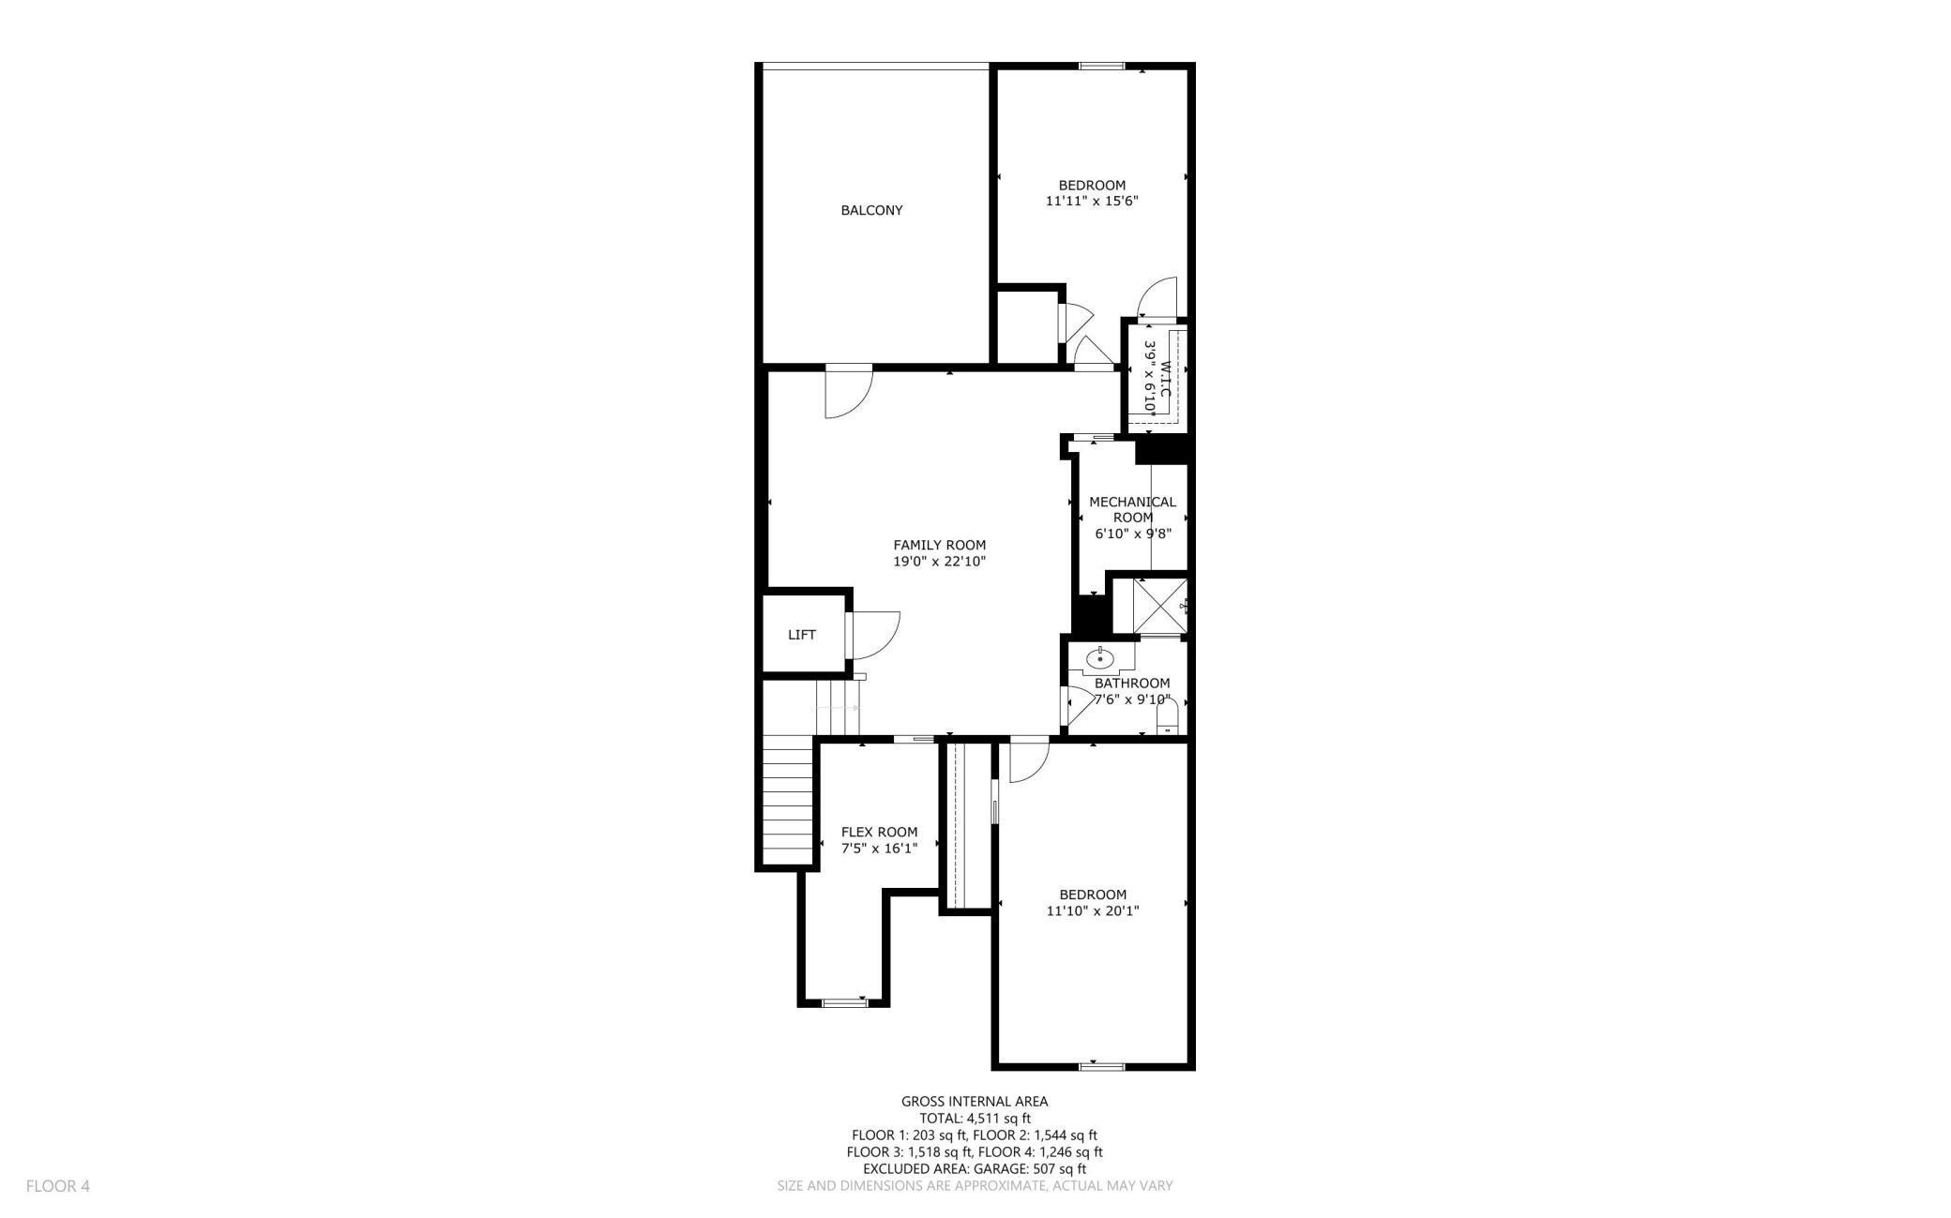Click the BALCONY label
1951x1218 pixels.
pyautogui.click(x=871, y=210)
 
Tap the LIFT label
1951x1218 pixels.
pyautogui.click(x=802, y=635)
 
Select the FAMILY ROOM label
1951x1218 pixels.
pyautogui.click(x=939, y=545)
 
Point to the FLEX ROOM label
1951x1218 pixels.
pyautogui.click(x=879, y=832)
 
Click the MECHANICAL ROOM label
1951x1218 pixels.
pyautogui.click(x=1133, y=509)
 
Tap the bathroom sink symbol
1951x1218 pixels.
pyautogui.click(x=1099, y=660)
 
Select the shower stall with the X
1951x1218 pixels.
pyautogui.click(x=1161, y=607)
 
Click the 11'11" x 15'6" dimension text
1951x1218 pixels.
pyautogui.click(x=1092, y=201)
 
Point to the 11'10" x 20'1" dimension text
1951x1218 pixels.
pyautogui.click(x=1093, y=910)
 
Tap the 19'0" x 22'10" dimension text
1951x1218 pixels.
pyautogui.click(x=939, y=562)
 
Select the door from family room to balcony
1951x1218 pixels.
pyautogui.click(x=849, y=392)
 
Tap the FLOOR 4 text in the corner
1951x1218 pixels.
pyautogui.click(x=58, y=1186)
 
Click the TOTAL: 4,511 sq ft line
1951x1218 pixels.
pyautogui.click(x=975, y=1118)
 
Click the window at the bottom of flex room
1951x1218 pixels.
pyautogui.click(x=844, y=1002)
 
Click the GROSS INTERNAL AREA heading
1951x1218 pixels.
pyautogui.click(x=975, y=1102)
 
